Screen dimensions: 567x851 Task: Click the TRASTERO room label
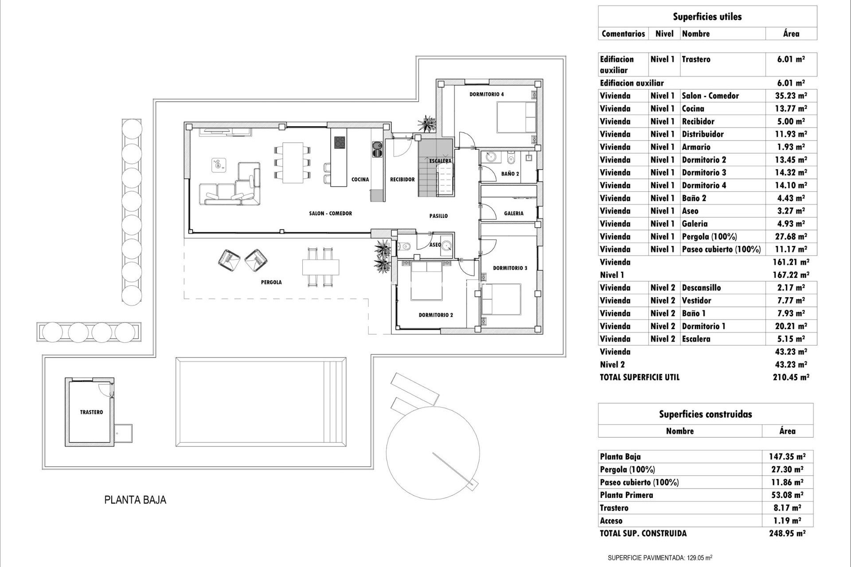(x=91, y=412)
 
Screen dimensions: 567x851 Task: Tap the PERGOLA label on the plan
(x=271, y=282)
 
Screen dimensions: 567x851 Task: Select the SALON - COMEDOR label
(x=331, y=214)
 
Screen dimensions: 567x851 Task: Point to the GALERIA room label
(x=514, y=214)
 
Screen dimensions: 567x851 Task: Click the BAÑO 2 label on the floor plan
(x=510, y=174)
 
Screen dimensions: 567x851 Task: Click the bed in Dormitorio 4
(x=516, y=117)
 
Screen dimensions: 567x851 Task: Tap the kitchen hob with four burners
(x=340, y=142)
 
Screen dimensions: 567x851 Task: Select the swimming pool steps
(x=334, y=402)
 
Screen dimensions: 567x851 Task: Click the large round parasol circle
(x=433, y=452)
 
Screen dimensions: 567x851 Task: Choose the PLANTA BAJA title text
(x=135, y=500)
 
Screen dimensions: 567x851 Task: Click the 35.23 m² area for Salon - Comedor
(x=791, y=96)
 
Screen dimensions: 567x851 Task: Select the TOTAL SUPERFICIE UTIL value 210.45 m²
(x=791, y=377)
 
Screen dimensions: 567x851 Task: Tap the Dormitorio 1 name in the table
(x=703, y=326)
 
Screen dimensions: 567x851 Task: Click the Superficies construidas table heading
(x=705, y=414)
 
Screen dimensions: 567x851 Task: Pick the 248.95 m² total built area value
(x=787, y=533)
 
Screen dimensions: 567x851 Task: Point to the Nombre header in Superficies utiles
(x=696, y=34)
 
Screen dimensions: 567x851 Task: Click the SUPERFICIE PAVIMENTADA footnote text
(x=660, y=558)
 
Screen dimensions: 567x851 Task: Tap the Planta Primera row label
(x=626, y=495)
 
